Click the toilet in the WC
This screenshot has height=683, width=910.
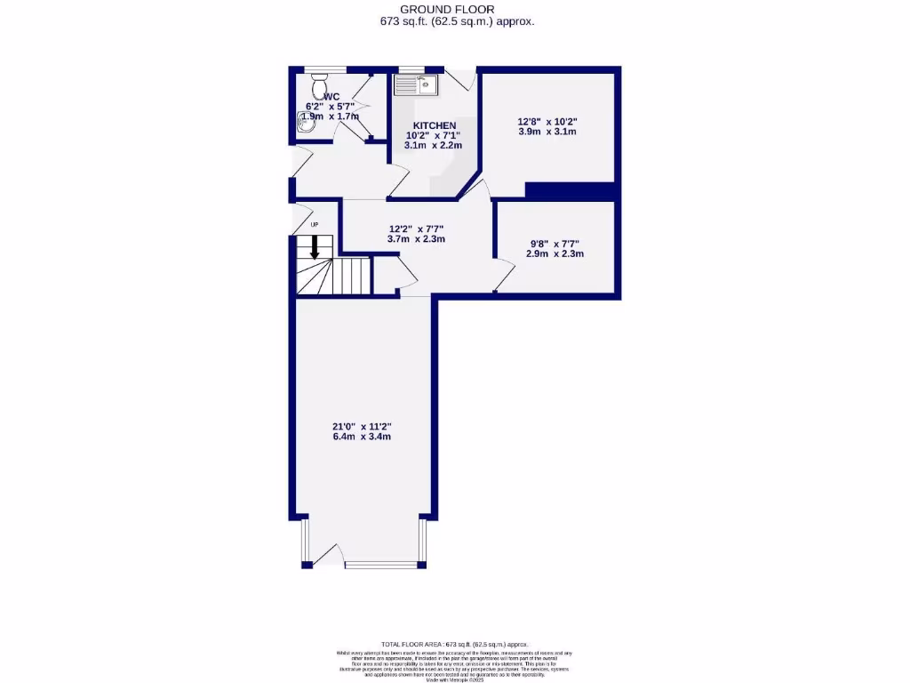click(318, 86)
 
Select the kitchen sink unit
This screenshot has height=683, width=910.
click(414, 85)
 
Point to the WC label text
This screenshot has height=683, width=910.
click(331, 97)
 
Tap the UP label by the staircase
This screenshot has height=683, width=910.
click(314, 225)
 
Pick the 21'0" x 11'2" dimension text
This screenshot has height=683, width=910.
click(363, 426)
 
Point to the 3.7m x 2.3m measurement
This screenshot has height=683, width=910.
click(416, 239)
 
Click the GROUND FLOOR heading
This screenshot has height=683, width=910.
click(454, 9)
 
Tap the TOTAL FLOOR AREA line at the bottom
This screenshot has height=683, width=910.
click(455, 644)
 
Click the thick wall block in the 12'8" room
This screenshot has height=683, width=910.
click(571, 190)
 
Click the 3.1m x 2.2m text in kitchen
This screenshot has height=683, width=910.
click(433, 146)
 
